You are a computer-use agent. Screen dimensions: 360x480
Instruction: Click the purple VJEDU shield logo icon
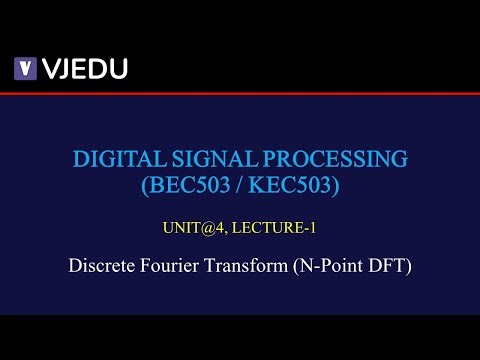point(25,68)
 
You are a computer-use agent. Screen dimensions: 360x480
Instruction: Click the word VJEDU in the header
point(84,68)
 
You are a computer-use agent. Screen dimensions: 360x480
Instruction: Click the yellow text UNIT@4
point(190,227)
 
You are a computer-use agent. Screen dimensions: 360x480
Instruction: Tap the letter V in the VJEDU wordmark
point(49,68)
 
